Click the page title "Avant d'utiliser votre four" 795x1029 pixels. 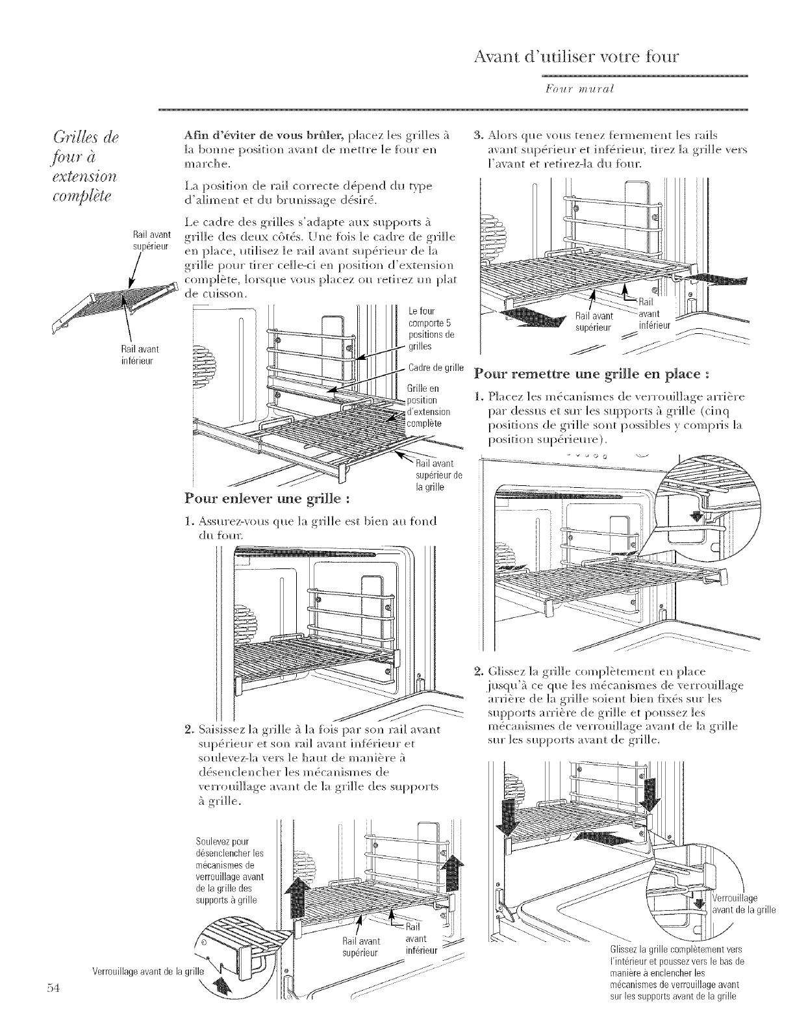point(577,56)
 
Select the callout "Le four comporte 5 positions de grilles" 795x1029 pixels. point(431,329)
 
